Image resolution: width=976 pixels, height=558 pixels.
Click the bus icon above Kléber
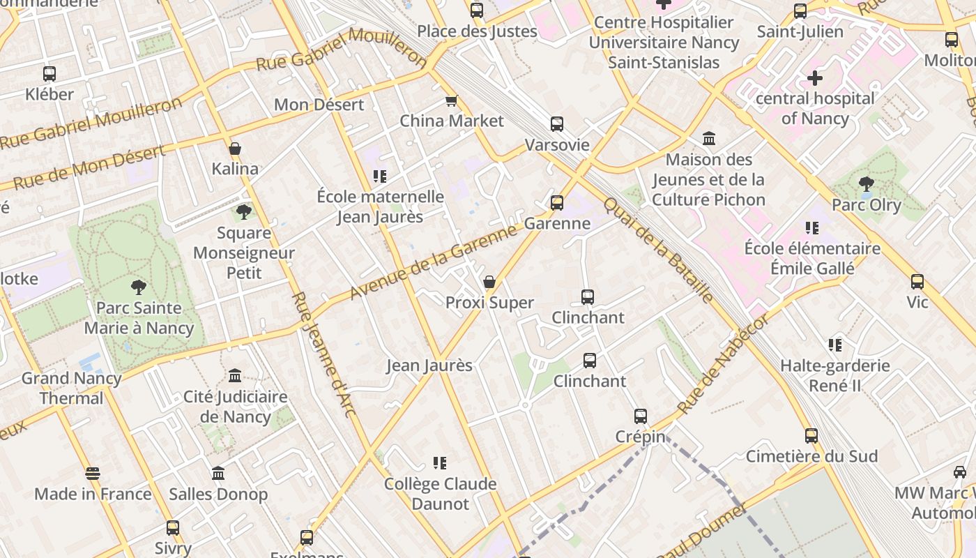click(49, 73)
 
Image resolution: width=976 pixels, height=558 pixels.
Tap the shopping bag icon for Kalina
click(235, 149)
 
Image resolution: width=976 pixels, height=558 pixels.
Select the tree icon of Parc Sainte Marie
click(139, 286)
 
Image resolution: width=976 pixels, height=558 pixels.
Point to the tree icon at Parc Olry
click(866, 184)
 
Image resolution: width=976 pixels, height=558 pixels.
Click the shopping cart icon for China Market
click(451, 101)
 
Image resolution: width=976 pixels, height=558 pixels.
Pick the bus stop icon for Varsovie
click(556, 124)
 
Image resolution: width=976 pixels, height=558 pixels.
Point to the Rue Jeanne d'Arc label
click(324, 354)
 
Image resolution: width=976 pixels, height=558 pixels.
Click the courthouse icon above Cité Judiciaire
click(235, 375)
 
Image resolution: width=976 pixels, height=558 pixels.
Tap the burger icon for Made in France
click(93, 474)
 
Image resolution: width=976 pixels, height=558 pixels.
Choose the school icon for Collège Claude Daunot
click(440, 462)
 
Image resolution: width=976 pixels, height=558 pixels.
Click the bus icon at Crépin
click(641, 416)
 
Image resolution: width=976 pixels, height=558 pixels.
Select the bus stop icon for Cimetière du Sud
click(811, 436)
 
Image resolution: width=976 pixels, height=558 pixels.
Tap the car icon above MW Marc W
click(960, 472)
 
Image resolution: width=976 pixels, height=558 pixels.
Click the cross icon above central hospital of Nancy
click(814, 78)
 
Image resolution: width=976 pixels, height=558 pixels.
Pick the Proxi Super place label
click(489, 303)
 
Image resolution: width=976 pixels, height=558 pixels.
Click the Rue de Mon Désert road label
click(89, 167)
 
